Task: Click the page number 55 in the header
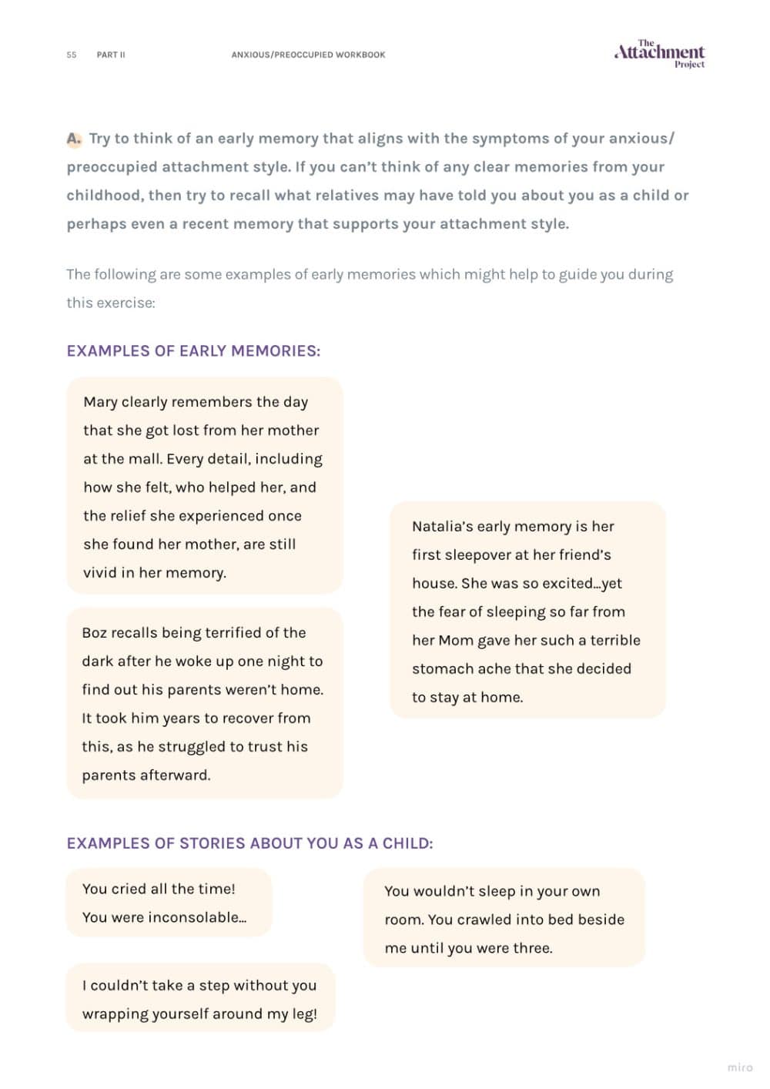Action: click(72, 55)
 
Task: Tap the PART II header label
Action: click(111, 55)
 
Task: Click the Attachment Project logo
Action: click(659, 53)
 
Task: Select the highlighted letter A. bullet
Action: click(74, 139)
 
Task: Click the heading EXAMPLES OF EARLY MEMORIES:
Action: click(193, 351)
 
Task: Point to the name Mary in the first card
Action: click(100, 402)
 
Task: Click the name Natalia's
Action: click(441, 527)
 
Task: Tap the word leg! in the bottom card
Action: click(304, 1014)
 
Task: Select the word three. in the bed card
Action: click(531, 948)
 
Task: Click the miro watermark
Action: click(739, 1067)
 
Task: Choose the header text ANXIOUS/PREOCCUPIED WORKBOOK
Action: click(308, 55)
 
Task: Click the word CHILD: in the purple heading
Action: click(407, 843)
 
